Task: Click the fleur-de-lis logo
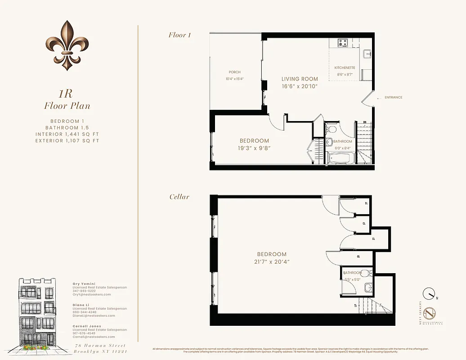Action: [67, 45]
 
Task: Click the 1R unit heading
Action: [67, 94]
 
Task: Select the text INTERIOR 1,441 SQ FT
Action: [67, 134]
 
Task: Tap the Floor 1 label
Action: [179, 35]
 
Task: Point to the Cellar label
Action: [179, 197]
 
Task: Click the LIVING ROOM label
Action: [300, 79]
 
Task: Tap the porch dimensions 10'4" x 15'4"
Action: [234, 79]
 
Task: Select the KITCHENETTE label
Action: [345, 67]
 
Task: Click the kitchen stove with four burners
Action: [343, 43]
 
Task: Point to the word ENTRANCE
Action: [393, 97]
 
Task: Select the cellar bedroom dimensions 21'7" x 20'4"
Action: [272, 261]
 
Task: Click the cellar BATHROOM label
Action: [352, 273]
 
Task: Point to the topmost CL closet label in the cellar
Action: [366, 203]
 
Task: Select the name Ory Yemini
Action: [83, 284]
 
